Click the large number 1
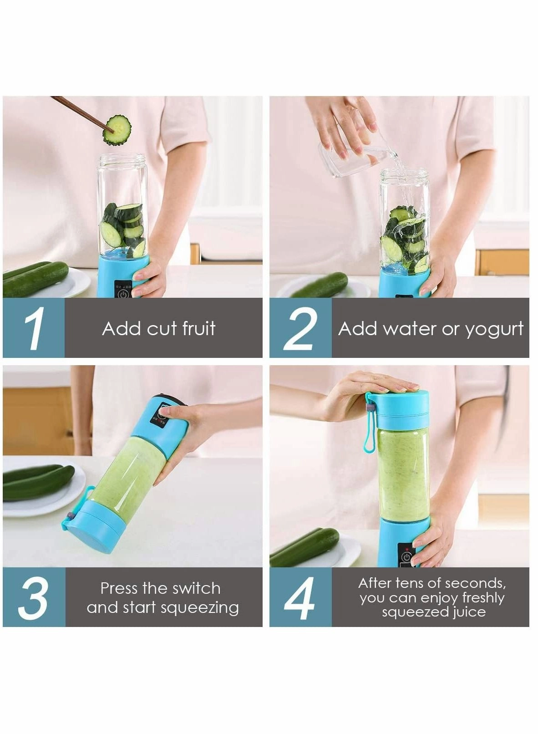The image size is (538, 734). pos(34,328)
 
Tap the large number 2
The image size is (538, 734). pos(300,328)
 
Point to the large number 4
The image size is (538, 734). pos(299,598)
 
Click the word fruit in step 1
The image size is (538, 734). pos(198,328)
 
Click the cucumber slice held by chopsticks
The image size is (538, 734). pos(117,130)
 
